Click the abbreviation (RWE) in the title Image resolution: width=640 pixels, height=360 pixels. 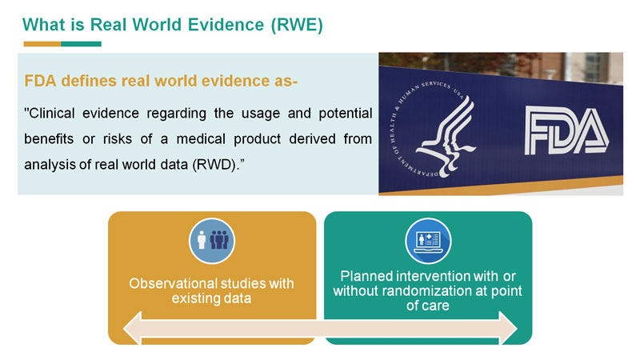point(297,25)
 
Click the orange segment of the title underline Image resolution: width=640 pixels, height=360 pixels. point(42,44)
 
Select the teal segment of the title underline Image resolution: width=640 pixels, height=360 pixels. point(82,44)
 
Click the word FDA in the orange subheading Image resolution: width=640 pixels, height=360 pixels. point(40,81)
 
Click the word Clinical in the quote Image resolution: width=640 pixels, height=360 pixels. point(50,113)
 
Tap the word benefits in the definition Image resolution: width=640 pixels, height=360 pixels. point(49,138)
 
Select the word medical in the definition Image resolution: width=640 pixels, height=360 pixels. point(201,138)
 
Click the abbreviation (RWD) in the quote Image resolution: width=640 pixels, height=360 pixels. point(218,165)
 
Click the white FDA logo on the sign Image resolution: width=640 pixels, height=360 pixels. point(566,130)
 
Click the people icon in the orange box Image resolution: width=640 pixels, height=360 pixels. point(212,241)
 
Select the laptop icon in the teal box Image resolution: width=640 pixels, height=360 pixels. point(428,241)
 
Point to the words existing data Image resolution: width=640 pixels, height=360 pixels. point(211,298)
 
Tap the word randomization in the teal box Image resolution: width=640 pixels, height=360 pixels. point(417,291)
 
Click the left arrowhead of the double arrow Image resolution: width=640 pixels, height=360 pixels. point(132,328)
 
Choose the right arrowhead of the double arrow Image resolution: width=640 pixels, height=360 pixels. point(508,328)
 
